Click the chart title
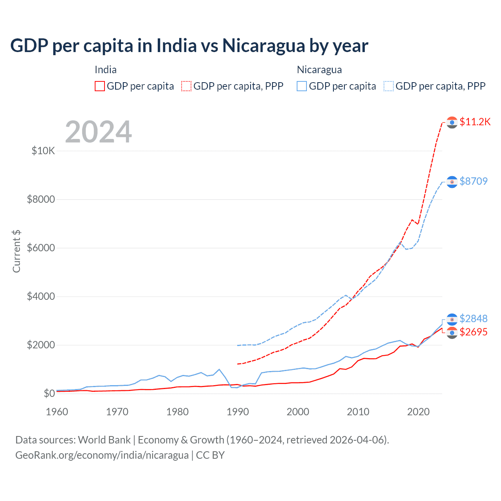[x=189, y=46]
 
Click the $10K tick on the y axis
[x=43, y=151]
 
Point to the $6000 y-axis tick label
[x=41, y=248]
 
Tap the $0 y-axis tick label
[x=49, y=393]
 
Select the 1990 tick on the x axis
[x=238, y=412]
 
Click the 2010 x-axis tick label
[x=358, y=412]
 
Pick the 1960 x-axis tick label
[x=57, y=412]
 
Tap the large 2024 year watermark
[x=98, y=132]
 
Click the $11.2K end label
[x=475, y=122]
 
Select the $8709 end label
[x=474, y=181]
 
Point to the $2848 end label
[x=474, y=319]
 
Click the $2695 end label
[x=474, y=332]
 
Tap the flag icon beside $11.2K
[x=452, y=123]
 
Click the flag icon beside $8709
[x=452, y=182]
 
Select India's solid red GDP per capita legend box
[x=100, y=86]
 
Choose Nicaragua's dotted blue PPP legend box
[x=389, y=86]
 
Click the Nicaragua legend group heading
[x=319, y=70]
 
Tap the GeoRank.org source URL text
[x=102, y=455]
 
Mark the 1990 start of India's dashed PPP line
[x=238, y=364]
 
